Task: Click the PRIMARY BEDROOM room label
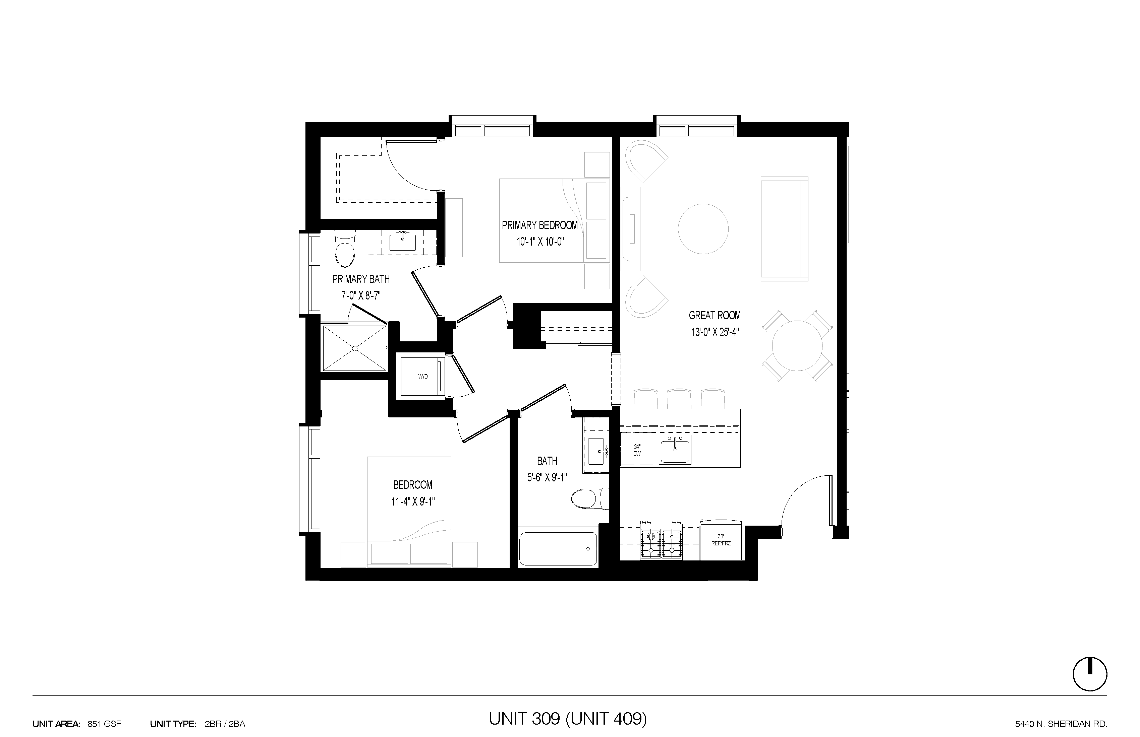tap(540, 225)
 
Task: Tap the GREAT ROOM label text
tap(715, 315)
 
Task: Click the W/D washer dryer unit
tap(422, 377)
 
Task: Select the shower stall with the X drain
tap(354, 348)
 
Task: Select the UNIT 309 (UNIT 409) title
tap(568, 718)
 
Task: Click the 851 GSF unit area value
tap(104, 724)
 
